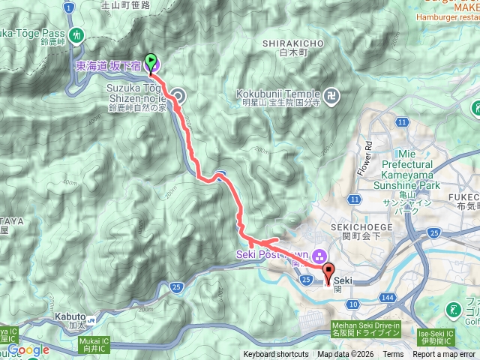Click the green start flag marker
click(x=151, y=64)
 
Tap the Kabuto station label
click(x=69, y=316)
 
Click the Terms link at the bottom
click(x=393, y=355)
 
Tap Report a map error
click(x=444, y=355)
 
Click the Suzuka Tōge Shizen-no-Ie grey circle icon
click(x=179, y=95)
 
